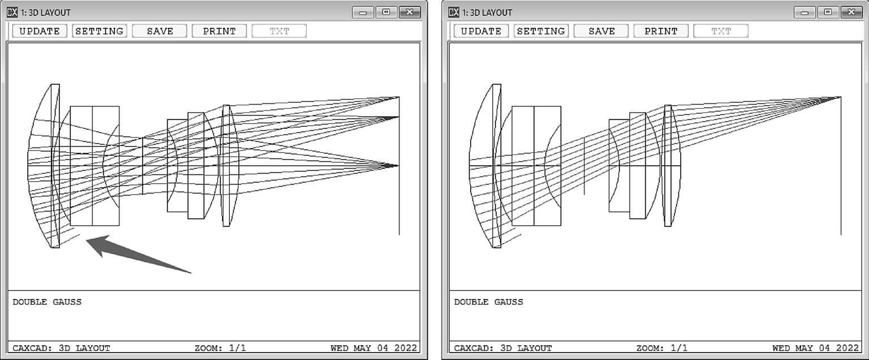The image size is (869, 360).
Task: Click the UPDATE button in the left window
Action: click(40, 31)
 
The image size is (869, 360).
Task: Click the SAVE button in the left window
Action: click(160, 31)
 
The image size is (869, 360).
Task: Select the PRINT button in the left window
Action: click(219, 31)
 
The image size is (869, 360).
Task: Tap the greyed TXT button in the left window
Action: click(279, 31)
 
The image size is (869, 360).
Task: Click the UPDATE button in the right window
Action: click(481, 31)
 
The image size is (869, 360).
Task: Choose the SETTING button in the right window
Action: click(541, 31)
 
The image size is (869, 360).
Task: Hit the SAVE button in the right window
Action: click(601, 31)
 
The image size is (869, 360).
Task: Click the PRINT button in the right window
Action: click(661, 31)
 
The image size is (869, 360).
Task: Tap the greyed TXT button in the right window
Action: click(721, 31)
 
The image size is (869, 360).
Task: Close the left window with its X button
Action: click(410, 12)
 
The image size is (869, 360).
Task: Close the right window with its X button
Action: click(851, 12)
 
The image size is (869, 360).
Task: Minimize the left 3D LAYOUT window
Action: click(363, 12)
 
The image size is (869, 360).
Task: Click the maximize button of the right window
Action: click(828, 12)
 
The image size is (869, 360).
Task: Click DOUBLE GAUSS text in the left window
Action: click(47, 302)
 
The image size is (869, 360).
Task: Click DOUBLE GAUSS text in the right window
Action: click(488, 302)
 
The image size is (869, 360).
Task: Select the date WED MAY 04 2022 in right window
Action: click(815, 348)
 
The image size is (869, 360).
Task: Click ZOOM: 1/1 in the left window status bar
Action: click(220, 348)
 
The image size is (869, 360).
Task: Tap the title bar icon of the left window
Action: click(12, 12)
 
